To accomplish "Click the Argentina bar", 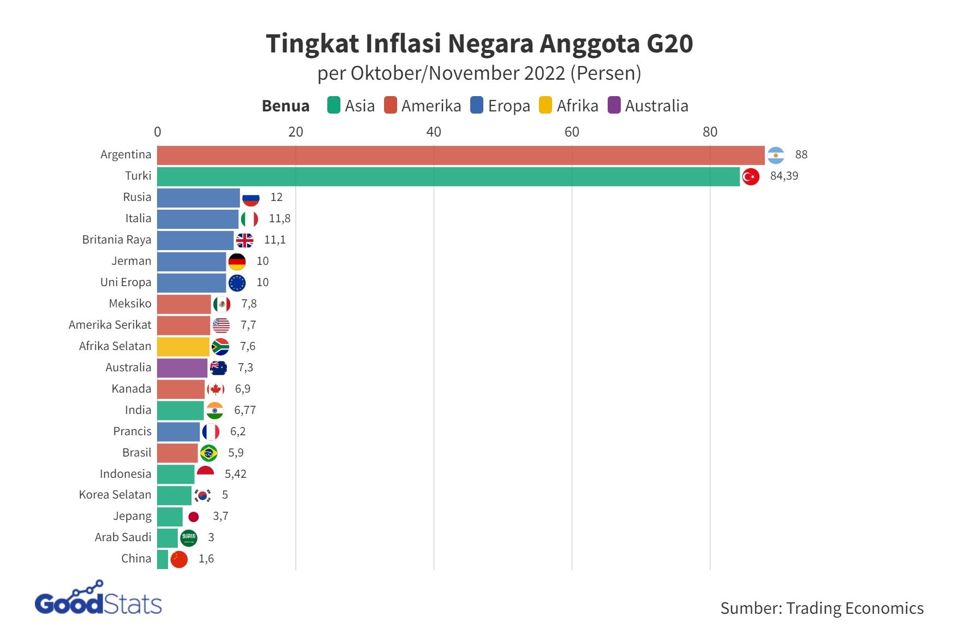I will point(461,155).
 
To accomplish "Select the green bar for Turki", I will point(448,176).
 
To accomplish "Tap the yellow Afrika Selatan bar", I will point(183,347).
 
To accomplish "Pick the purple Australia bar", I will point(182,368).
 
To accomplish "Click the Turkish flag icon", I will point(751,176).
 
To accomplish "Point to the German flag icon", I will point(237,262).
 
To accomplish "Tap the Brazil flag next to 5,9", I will point(209,453).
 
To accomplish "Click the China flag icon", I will point(179,559).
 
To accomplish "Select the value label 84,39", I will point(784,176).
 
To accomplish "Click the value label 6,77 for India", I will point(245,411).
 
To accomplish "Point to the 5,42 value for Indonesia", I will point(236,475).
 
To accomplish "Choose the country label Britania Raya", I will point(117,240).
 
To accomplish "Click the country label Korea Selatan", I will point(115,495).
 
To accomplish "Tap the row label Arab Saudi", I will point(123,538).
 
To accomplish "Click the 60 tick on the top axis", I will point(572,132).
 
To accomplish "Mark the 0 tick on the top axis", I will point(158,132).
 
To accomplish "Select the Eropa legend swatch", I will point(477,105).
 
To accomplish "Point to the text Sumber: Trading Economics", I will point(822,608).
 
